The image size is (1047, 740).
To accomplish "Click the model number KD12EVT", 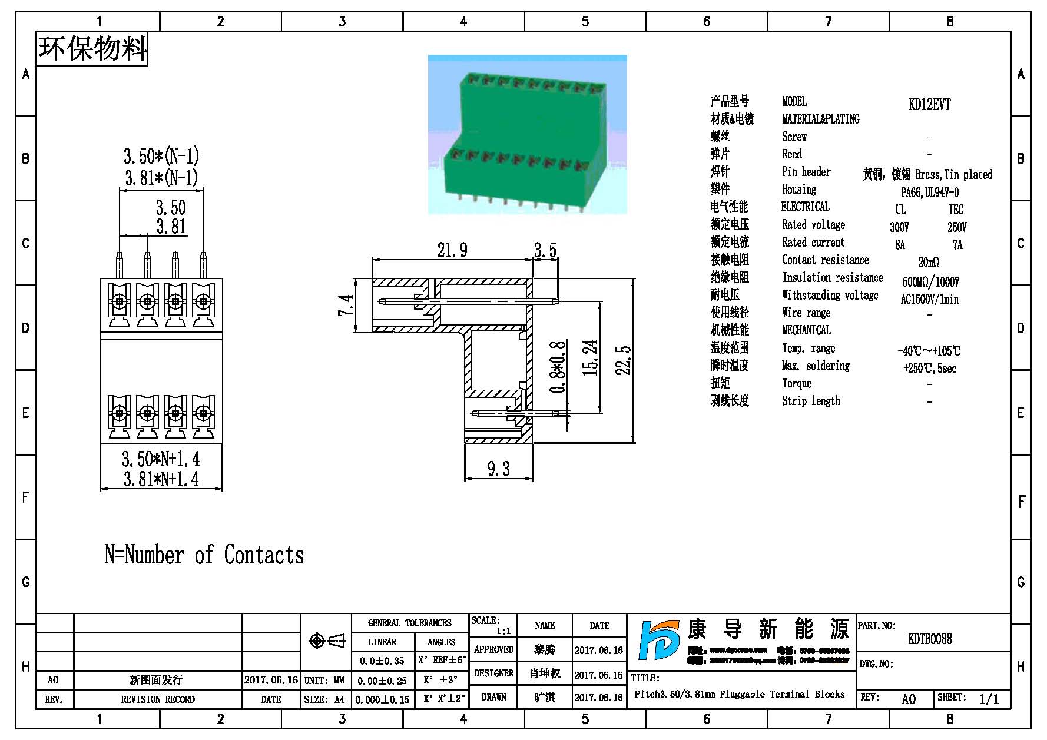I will coord(929,105).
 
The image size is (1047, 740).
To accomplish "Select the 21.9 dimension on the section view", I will coord(452,250).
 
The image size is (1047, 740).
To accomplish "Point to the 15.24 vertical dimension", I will coord(591,357).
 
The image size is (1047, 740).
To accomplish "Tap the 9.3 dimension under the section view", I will coord(498,469).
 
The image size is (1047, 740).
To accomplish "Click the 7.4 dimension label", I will coord(346,305).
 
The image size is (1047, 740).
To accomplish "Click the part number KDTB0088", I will coord(930,639).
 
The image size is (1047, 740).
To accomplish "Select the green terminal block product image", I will coord(527,134).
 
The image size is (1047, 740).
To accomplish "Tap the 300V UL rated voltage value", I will coord(899,227).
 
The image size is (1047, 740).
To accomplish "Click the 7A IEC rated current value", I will coord(957,245).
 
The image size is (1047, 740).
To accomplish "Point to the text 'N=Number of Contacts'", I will coord(204,555).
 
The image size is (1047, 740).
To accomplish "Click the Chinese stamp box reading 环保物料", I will coord(92,49).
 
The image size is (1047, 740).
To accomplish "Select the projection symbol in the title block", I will coord(327,641).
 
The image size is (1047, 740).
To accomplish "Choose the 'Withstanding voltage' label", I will coord(830,295).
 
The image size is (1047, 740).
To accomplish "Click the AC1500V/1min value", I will coord(929,299).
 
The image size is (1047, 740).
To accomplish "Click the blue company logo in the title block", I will coord(658,640).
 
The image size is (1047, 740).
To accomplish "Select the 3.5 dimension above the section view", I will coord(545,250).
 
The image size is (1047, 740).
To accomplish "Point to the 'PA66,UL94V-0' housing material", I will coord(929,193).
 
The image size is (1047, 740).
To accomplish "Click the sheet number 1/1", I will coord(989,699).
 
